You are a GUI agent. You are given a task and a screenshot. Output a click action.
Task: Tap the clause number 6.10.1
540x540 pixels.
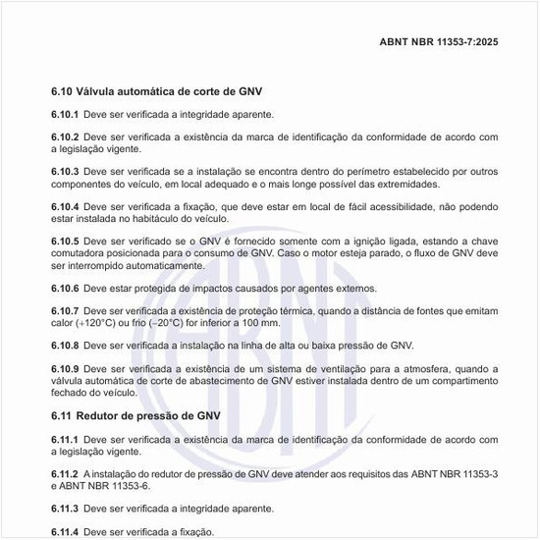click(65, 115)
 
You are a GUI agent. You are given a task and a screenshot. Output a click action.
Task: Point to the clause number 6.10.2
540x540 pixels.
click(65, 136)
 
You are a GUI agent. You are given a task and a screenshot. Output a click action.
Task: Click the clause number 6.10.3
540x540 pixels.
click(65, 172)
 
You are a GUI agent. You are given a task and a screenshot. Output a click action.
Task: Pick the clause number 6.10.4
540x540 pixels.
click(65, 207)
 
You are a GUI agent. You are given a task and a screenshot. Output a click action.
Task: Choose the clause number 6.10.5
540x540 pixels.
click(65, 241)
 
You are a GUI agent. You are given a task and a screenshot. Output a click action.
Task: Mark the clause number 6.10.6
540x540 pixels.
click(65, 288)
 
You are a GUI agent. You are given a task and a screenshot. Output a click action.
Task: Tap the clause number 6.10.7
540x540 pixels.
click(65, 310)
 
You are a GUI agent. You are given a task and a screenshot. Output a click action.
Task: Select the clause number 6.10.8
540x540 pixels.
click(65, 346)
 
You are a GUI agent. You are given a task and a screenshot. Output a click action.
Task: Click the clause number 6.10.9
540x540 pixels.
click(65, 368)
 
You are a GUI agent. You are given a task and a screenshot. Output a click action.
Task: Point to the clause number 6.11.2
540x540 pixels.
click(65, 473)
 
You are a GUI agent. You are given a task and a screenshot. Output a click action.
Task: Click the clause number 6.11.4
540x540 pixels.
click(65, 531)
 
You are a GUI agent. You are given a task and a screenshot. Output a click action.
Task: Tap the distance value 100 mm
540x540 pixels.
click(258, 322)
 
